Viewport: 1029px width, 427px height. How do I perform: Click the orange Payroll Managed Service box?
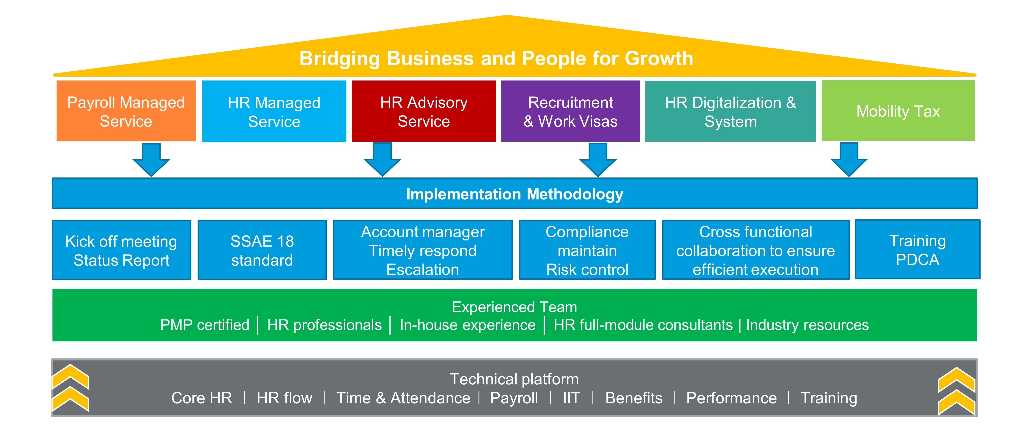pos(126,111)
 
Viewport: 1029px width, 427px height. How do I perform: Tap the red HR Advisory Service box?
pos(424,111)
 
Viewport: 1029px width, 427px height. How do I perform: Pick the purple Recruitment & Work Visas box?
pos(570,111)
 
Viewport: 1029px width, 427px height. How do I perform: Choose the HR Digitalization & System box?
pos(731,111)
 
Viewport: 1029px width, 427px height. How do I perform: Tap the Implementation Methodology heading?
pos(514,194)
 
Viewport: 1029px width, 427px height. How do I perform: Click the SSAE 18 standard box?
pos(262,250)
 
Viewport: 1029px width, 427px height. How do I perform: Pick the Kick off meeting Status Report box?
pos(121,250)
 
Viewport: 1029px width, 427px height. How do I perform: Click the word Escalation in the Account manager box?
pos(423,270)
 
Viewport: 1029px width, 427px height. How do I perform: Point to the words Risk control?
pos(587,270)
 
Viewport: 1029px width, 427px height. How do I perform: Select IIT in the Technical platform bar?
pos(571,398)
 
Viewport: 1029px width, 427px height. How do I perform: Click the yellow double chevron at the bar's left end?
pos(71,388)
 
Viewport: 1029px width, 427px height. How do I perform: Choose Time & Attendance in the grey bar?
pos(403,398)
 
